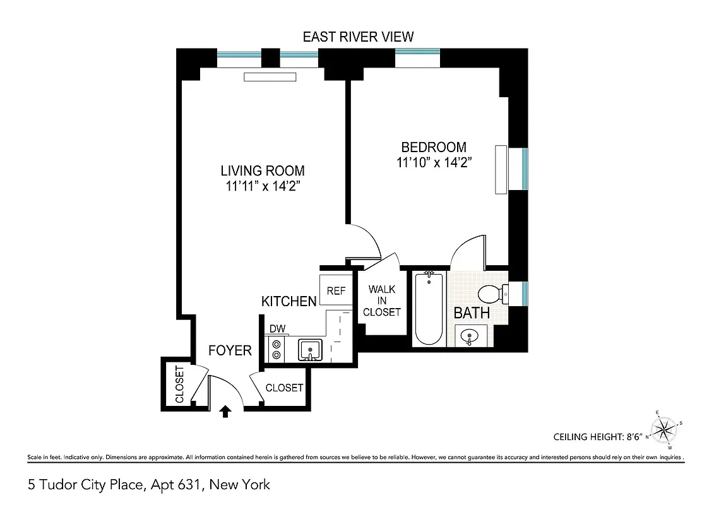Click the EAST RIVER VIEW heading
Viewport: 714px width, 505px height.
click(x=358, y=37)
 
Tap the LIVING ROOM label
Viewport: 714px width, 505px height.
click(x=262, y=170)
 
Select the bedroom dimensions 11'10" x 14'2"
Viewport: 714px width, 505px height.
click(x=434, y=162)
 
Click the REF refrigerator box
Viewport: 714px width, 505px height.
click(x=336, y=291)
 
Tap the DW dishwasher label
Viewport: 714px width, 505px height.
click(x=276, y=329)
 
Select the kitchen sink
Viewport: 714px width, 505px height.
click(x=310, y=349)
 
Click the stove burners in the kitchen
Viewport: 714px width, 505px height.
click(x=276, y=349)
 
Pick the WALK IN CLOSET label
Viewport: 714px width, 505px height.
click(x=382, y=301)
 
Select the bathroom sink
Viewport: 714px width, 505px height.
click(x=468, y=336)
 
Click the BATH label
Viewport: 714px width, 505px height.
click(x=472, y=312)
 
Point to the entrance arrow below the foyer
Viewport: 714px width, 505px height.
click(x=225, y=412)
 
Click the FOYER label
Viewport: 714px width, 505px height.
click(x=230, y=350)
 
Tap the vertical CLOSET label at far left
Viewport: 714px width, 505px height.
click(x=179, y=384)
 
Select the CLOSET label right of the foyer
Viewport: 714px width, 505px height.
click(x=284, y=388)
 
